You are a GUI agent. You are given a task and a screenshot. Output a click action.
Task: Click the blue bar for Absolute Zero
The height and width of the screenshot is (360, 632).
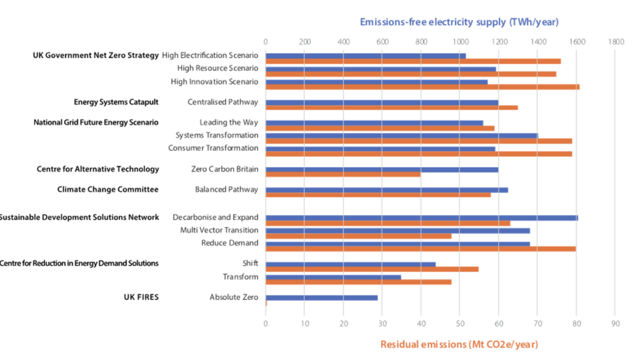[321, 298]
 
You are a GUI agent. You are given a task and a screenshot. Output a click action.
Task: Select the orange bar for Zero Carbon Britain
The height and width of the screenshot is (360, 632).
[343, 174]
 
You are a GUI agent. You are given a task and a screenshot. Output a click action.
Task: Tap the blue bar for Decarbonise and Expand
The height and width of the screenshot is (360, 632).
[422, 217]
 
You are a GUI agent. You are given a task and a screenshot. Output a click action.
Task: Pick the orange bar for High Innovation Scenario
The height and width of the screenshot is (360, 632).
[422, 87]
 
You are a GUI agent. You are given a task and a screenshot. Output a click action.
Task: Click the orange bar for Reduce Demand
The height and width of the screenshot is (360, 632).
[420, 249]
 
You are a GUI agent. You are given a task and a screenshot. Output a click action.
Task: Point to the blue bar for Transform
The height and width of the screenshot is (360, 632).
[333, 277]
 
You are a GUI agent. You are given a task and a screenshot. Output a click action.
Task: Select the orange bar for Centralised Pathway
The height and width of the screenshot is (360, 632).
[391, 107]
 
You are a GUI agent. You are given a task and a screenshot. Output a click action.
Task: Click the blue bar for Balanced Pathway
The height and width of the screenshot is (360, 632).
[386, 190]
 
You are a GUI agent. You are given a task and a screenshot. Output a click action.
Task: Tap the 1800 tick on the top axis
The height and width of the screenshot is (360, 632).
[615, 41]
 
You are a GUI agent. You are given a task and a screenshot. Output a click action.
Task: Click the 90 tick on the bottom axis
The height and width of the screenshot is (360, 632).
[615, 323]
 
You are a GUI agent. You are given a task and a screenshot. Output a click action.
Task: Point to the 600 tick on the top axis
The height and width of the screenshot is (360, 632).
[382, 41]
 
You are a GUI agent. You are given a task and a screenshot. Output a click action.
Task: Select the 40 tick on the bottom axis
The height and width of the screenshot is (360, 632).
[421, 323]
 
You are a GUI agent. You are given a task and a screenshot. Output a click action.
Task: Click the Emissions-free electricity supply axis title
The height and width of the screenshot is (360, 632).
[459, 22]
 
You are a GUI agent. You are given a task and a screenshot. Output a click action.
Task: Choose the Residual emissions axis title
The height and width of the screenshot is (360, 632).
[459, 345]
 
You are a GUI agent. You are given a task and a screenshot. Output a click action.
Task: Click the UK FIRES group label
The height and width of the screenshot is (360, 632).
[141, 297]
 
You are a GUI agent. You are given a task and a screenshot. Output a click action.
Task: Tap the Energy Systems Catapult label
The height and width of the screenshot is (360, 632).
[116, 102]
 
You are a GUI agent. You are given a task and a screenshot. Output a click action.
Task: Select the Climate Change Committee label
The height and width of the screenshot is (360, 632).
[108, 190]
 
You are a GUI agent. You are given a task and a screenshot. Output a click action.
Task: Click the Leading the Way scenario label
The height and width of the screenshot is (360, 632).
[228, 122]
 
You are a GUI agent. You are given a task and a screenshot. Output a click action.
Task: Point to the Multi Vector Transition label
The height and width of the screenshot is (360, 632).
[219, 230]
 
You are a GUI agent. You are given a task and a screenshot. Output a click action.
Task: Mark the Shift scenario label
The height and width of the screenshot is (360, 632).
[250, 264]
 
